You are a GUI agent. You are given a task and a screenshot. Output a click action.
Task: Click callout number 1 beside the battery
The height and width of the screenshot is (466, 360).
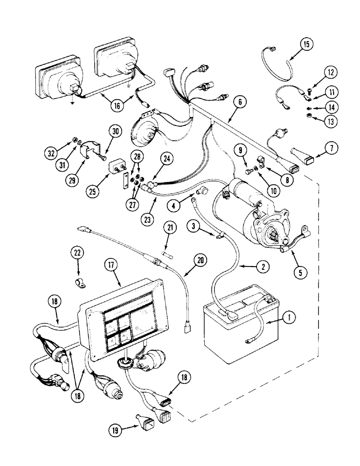289,318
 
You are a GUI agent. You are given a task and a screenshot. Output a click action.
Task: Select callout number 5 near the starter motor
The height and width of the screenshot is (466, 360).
300,271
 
